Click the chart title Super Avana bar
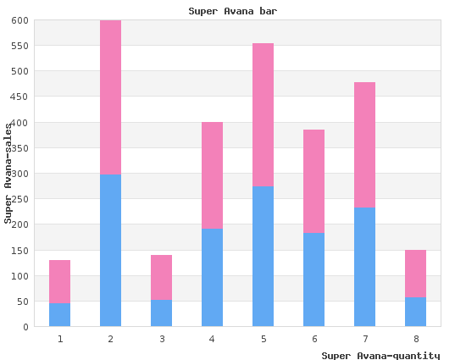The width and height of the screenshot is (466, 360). pyautogui.click(x=233, y=11)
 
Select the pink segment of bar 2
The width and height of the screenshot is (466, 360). pyautogui.click(x=110, y=97)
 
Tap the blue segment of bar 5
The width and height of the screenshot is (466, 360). pyautogui.click(x=263, y=257)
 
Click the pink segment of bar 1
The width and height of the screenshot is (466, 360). pyautogui.click(x=60, y=281)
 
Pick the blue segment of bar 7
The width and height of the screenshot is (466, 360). pyautogui.click(x=364, y=267)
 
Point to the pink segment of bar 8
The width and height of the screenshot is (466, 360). pyautogui.click(x=415, y=274)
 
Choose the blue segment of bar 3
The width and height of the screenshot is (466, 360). pyautogui.click(x=161, y=313)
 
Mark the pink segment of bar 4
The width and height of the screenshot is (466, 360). pyautogui.click(x=212, y=175)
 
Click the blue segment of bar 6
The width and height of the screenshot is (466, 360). pyautogui.click(x=313, y=280)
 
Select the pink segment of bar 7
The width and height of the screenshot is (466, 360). pyautogui.click(x=364, y=145)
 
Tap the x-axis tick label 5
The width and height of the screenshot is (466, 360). pyautogui.click(x=264, y=339)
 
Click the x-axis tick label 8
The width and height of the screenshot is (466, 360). pyautogui.click(x=416, y=339)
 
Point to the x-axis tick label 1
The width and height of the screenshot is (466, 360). pyautogui.click(x=60, y=339)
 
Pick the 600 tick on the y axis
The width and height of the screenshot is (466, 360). pyautogui.click(x=20, y=20)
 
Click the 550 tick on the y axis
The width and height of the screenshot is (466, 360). pyautogui.click(x=20, y=46)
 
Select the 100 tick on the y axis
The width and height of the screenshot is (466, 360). pyautogui.click(x=20, y=276)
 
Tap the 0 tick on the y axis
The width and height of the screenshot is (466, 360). pyautogui.click(x=26, y=327)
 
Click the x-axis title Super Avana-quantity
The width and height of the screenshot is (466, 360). pyautogui.click(x=380, y=356)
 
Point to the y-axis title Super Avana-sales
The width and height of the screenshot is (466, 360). pyautogui.click(x=8, y=174)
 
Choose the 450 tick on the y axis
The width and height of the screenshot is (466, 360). pyautogui.click(x=20, y=97)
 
